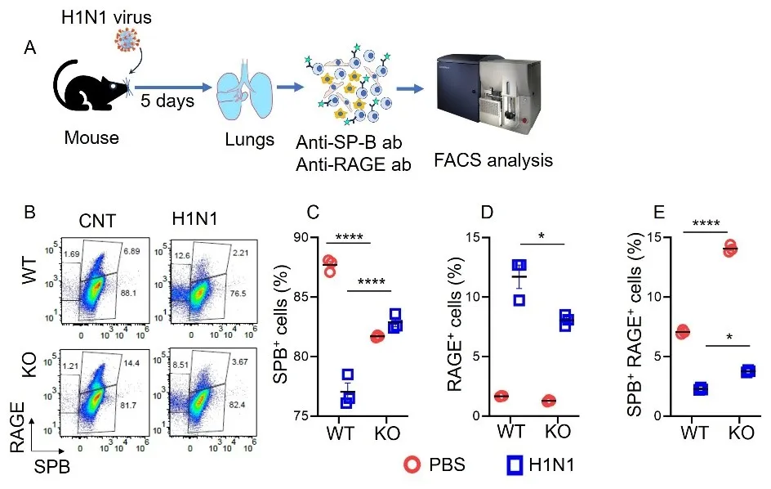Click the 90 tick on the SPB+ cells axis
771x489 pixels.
coord(300,238)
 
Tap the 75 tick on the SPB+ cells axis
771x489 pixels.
coord(300,415)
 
